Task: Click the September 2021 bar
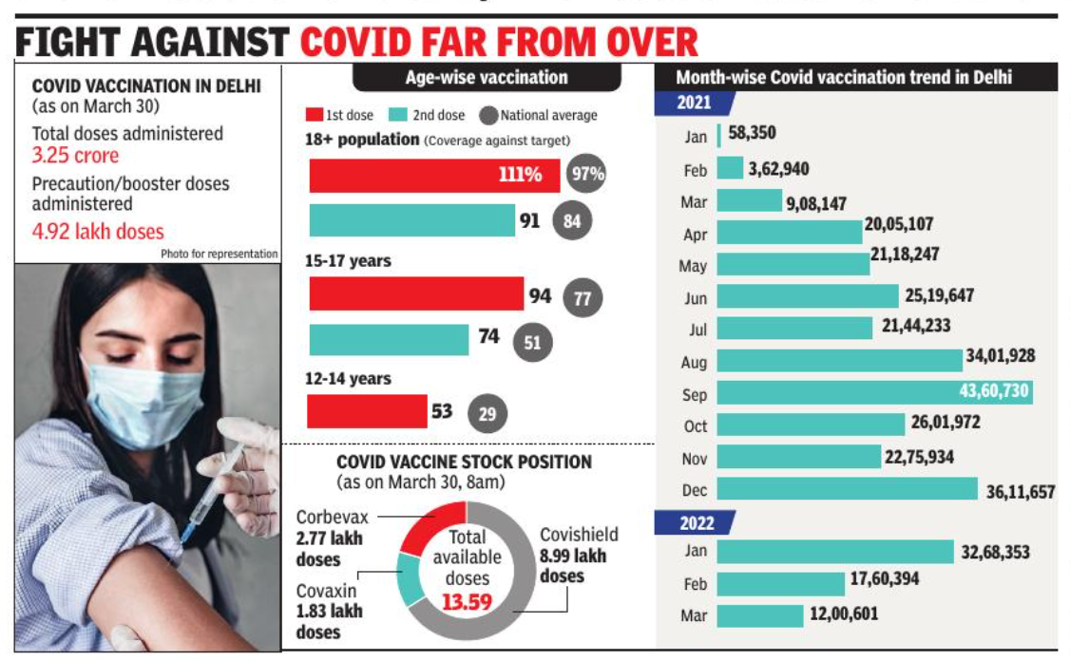point(874,392)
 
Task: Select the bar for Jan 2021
point(719,136)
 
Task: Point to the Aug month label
point(695,362)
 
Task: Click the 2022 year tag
point(697,522)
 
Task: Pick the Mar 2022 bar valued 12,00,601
point(760,614)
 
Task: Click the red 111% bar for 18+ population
point(434,175)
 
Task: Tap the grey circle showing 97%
point(585,175)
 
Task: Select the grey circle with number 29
point(487,413)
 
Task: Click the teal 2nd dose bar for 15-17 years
point(389,339)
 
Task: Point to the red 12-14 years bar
point(367,411)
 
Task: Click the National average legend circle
point(489,115)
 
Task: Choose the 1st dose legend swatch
point(314,115)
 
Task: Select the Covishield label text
point(579,535)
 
